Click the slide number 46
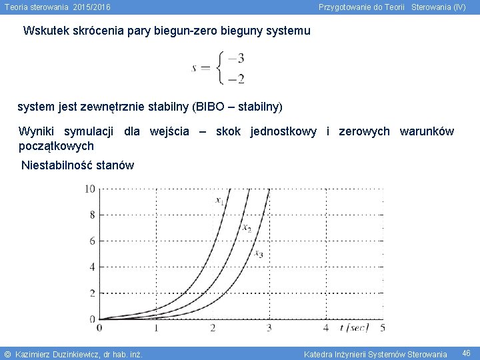(x=466, y=353)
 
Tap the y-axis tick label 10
(x=90, y=189)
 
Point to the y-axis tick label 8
(x=92, y=215)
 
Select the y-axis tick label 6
(x=92, y=241)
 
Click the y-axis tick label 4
(x=92, y=267)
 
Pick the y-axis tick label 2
(x=92, y=293)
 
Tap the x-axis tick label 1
(x=156, y=328)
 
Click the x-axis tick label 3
(x=269, y=328)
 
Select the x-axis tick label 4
(x=325, y=328)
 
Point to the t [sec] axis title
(x=353, y=327)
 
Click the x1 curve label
(x=219, y=199)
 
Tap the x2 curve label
(x=246, y=228)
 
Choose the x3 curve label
(x=259, y=254)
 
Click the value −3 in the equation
(x=235, y=58)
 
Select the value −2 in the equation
(x=235, y=79)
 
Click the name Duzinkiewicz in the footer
(x=79, y=353)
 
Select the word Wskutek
(x=45, y=31)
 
